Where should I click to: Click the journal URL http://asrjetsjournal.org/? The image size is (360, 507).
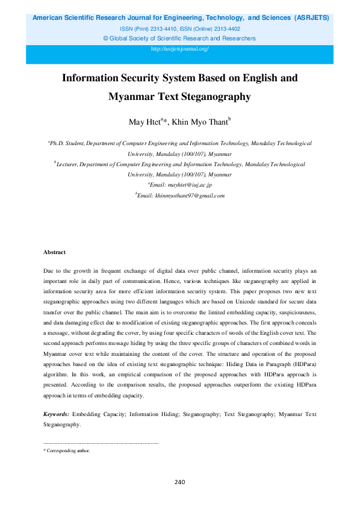(x=180, y=49)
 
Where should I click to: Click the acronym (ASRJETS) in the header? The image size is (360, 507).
(x=311, y=18)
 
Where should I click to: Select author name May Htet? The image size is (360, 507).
(x=144, y=123)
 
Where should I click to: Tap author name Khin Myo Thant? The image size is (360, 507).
(x=198, y=123)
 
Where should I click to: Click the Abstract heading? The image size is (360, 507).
(x=55, y=252)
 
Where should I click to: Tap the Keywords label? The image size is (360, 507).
(x=56, y=415)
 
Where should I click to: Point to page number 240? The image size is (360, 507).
(x=179, y=482)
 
